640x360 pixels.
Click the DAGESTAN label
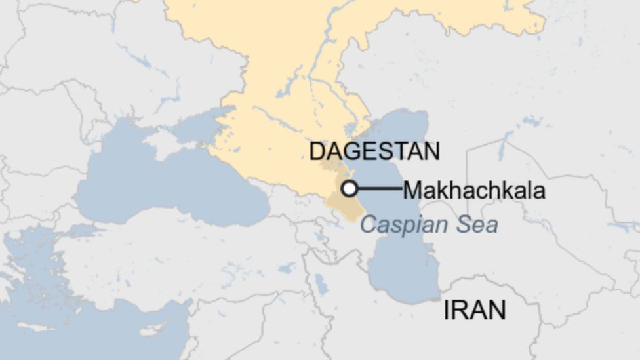(374, 151)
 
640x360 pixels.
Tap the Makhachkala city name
(473, 190)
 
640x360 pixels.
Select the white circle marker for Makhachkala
(350, 189)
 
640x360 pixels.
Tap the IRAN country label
(475, 310)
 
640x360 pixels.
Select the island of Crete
(36, 326)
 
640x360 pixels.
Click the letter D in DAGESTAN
(316, 151)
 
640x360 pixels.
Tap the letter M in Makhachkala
(412, 190)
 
